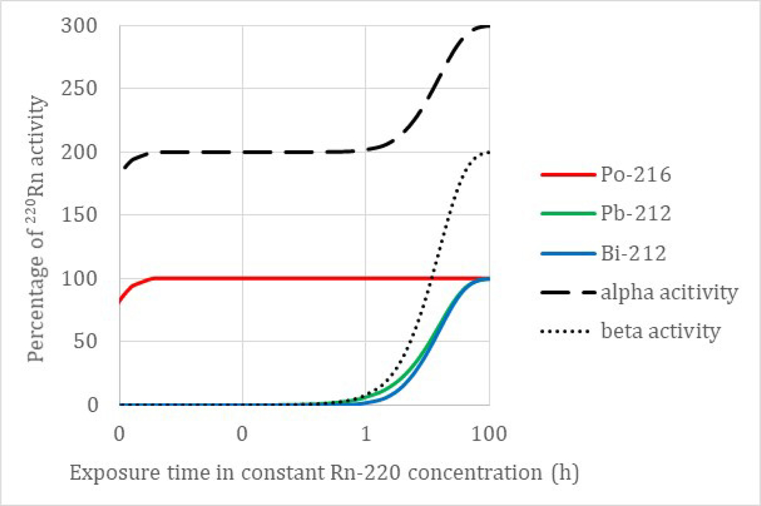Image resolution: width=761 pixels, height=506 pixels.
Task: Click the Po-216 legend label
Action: pyautogui.click(x=636, y=175)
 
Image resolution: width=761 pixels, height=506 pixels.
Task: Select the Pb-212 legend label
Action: pyautogui.click(x=636, y=214)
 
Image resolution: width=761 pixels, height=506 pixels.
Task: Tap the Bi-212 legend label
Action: pyautogui.click(x=633, y=253)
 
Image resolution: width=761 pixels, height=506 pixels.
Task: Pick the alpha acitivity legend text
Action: pyautogui.click(x=669, y=293)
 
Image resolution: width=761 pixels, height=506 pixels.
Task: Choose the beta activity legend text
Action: pyautogui.click(x=661, y=331)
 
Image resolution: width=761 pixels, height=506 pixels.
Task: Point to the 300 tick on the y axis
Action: pyautogui.click(x=79, y=26)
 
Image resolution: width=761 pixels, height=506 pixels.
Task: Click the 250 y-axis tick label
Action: pyautogui.click(x=79, y=88)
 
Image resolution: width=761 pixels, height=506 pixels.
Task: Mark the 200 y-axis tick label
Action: pyautogui.click(x=79, y=152)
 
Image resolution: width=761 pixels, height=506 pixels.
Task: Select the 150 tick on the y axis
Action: pyautogui.click(x=79, y=215)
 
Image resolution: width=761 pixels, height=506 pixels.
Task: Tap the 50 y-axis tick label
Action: pyautogui.click(x=85, y=341)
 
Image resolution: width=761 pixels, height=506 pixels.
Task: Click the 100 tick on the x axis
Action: pyautogui.click(x=489, y=434)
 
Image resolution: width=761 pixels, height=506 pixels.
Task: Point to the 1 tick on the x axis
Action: pyautogui.click(x=365, y=434)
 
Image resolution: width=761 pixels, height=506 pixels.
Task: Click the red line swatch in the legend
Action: pyautogui.click(x=568, y=175)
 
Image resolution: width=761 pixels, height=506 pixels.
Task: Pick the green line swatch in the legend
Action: pyautogui.click(x=568, y=214)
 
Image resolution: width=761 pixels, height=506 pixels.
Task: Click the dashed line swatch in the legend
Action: pyautogui.click(x=568, y=293)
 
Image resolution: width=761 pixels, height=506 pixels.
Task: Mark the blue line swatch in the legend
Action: pyautogui.click(x=568, y=253)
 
